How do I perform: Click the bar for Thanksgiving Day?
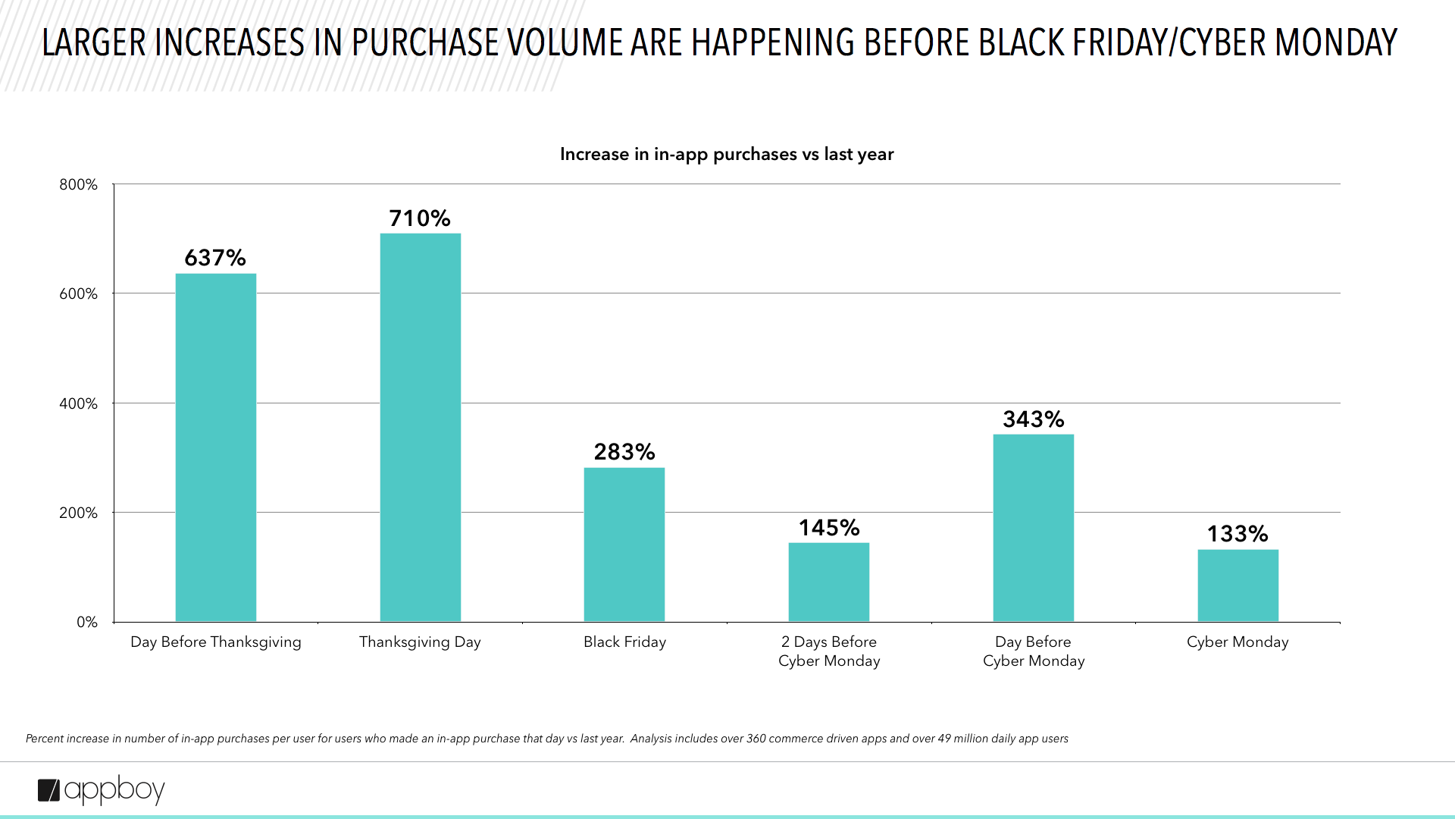(420, 428)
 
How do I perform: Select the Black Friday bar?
(624, 544)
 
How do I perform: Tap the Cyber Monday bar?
(1238, 585)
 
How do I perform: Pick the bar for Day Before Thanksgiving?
(216, 447)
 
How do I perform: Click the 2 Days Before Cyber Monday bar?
(828, 582)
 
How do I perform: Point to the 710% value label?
(420, 218)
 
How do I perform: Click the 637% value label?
(215, 258)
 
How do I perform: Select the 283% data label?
(624, 452)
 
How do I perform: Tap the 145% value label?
(828, 528)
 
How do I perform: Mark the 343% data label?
(1033, 419)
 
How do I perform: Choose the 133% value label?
(1238, 534)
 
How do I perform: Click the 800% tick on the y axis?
(79, 184)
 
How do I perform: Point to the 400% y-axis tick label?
(79, 403)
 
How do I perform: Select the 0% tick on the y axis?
(87, 622)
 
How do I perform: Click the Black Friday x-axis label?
(624, 642)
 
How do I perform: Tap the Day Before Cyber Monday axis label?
(1033, 651)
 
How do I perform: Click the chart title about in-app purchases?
(727, 154)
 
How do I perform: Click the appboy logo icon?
(49, 790)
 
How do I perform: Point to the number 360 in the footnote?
(756, 739)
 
